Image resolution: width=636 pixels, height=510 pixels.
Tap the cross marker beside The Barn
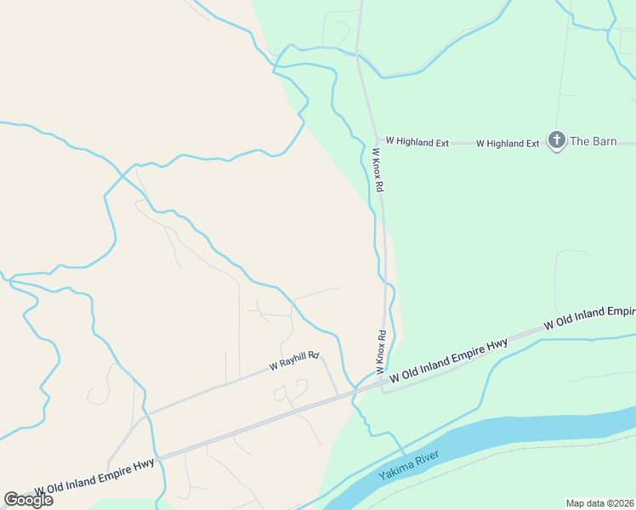click(557, 140)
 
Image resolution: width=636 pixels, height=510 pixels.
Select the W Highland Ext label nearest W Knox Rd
click(417, 142)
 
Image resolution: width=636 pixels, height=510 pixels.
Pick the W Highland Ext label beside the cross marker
click(507, 143)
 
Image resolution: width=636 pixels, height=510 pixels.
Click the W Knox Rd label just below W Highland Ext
click(379, 169)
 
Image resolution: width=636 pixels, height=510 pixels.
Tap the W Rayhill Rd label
click(293, 361)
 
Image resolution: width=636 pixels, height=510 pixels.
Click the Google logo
click(28, 500)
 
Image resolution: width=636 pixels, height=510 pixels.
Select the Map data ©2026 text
click(599, 503)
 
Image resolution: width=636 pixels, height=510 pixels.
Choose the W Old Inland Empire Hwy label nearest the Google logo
click(94, 477)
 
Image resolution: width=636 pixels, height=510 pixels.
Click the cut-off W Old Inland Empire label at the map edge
click(589, 317)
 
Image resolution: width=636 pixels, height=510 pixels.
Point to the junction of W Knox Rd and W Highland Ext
click(378, 142)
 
